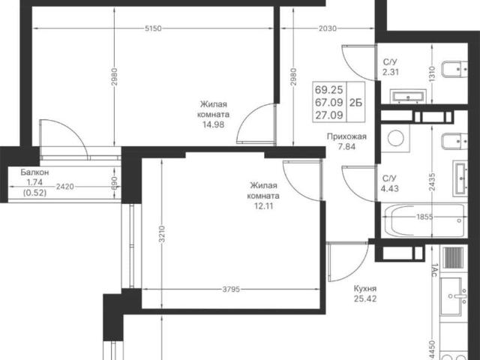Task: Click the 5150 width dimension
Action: [153, 28]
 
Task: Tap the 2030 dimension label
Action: [328, 28]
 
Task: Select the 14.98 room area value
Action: [213, 124]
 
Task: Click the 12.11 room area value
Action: [263, 206]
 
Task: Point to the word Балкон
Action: [34, 172]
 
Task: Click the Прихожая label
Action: [346, 136]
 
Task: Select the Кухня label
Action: [365, 289]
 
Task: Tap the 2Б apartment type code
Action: [355, 103]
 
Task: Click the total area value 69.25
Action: [329, 90]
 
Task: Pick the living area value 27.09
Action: [329, 115]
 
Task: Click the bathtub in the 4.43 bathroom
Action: [424, 220]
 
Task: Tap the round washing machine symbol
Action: [395, 138]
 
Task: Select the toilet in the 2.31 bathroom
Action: [454, 70]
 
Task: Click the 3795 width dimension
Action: [231, 289]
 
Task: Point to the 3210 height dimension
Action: [162, 234]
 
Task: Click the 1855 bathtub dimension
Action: [425, 217]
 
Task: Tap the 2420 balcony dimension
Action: [65, 186]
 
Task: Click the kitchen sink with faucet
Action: [453, 296]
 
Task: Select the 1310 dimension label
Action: [432, 73]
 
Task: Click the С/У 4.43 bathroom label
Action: [390, 183]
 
